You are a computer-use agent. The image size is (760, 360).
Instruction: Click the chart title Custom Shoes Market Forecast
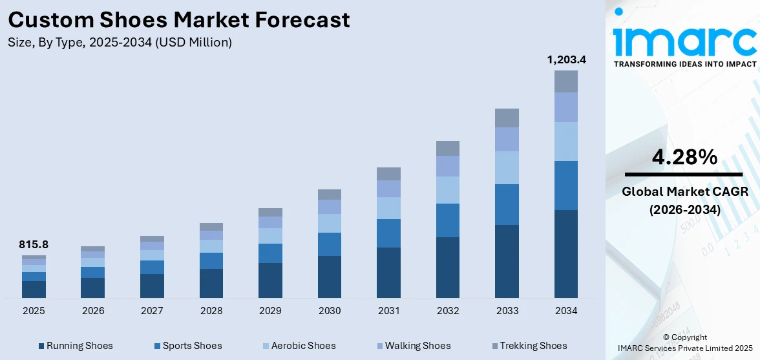tap(179, 19)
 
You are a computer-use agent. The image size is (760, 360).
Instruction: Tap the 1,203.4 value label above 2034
tap(566, 59)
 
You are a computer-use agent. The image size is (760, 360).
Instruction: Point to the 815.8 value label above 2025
tap(34, 244)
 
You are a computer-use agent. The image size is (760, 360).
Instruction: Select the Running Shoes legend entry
tap(75, 346)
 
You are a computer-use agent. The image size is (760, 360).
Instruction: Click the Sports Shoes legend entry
tap(187, 346)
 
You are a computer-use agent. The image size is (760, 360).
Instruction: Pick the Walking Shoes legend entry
tap(412, 346)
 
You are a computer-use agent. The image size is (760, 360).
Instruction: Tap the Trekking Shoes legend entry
tap(528, 346)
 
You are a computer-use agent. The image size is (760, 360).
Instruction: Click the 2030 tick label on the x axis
tap(330, 311)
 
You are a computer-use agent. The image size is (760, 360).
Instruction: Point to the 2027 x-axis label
tap(152, 311)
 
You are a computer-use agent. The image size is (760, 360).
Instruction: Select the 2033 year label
tap(507, 311)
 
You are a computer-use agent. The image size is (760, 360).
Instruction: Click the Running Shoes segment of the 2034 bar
tap(566, 253)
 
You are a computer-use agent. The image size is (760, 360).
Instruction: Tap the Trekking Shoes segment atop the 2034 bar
tap(566, 81)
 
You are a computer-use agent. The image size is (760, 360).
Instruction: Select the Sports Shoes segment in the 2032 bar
tap(448, 220)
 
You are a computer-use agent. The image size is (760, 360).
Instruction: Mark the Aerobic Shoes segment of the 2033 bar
tap(507, 167)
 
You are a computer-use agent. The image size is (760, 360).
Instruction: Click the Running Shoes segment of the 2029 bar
tap(270, 280)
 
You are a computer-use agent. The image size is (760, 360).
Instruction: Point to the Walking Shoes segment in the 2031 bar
tap(388, 189)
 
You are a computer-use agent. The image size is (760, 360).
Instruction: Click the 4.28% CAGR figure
tap(683, 157)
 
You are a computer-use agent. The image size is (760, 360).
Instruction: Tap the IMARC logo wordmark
tap(684, 40)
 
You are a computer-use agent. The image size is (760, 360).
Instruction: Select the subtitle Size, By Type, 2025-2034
tap(120, 43)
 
